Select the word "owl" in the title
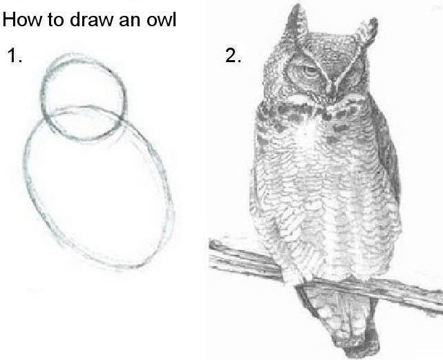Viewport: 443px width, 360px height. (161, 19)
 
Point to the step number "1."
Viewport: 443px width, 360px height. (15, 55)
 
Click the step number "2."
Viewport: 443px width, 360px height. (233, 55)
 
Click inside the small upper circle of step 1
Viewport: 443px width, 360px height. (84, 96)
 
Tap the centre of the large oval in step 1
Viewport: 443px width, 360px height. (99, 187)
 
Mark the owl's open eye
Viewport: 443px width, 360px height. (310, 70)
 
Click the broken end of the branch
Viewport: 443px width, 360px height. (216, 245)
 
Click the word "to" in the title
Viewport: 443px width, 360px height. (56, 20)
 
